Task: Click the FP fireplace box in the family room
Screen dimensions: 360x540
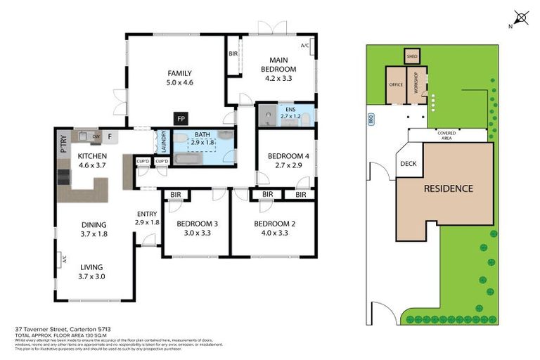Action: click(181, 118)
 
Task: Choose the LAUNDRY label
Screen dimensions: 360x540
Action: click(163, 141)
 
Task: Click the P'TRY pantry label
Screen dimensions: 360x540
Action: click(63, 145)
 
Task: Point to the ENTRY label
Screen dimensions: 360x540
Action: click(147, 218)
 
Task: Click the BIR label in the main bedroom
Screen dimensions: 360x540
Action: click(233, 54)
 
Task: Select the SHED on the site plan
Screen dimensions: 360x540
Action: click(411, 56)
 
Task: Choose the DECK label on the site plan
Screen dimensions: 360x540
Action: click(408, 165)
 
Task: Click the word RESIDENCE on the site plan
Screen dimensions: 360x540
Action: click(447, 188)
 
